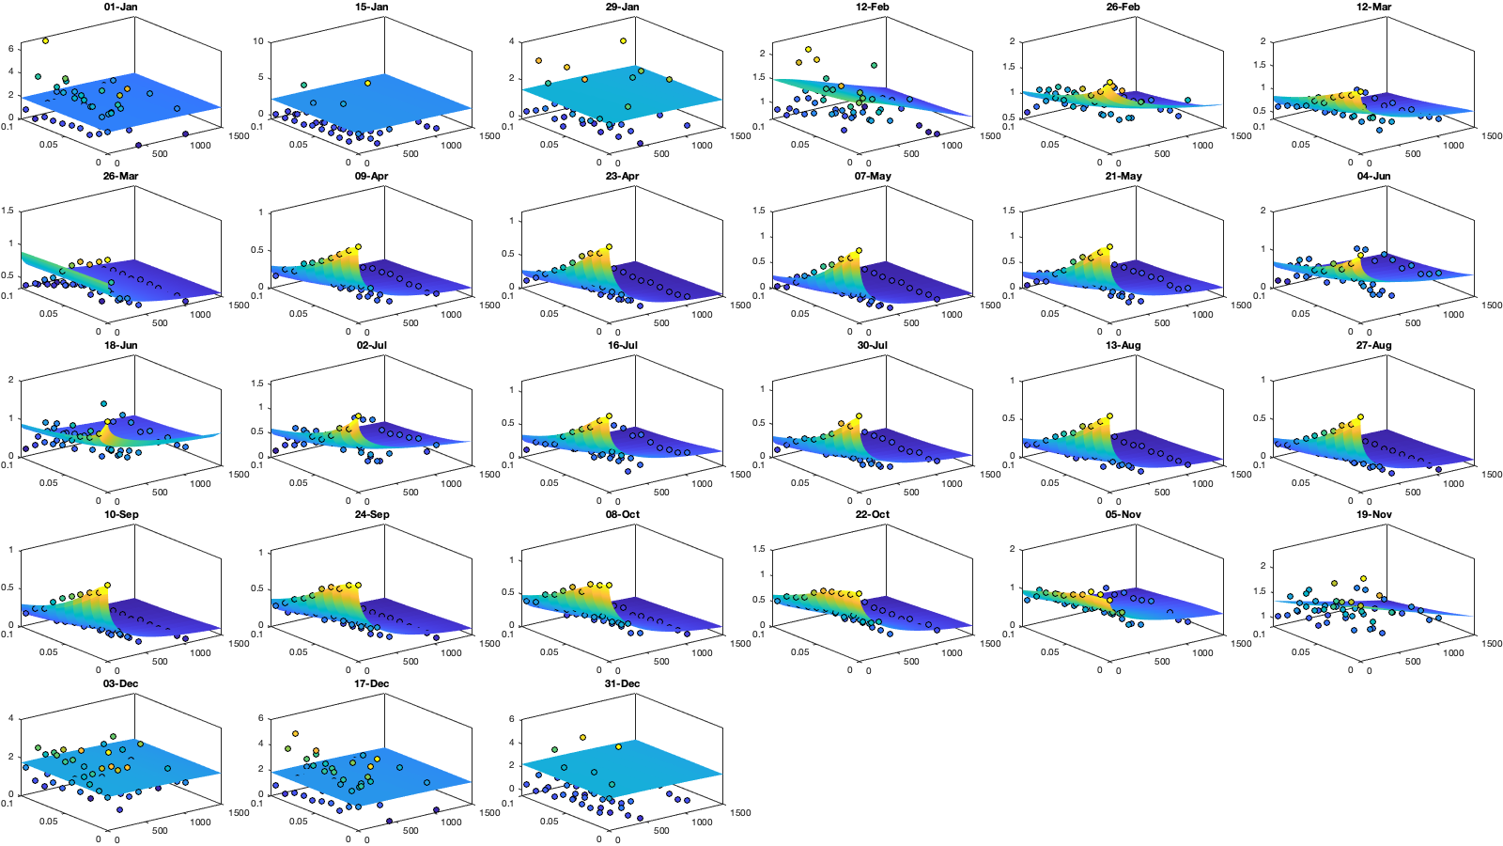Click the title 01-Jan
pos(120,7)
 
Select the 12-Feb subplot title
pos(872,7)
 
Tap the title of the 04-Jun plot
pos(1373,176)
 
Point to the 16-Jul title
pos(622,345)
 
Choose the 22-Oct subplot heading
pos(872,514)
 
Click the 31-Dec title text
pos(622,683)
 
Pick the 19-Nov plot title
pos(1373,514)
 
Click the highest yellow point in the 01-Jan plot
pos(45,40)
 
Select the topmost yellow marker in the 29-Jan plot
pos(623,40)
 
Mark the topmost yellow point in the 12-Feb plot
pos(808,49)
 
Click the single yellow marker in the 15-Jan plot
pos(367,83)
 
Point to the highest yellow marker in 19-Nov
pos(1363,579)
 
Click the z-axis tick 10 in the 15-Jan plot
pos(258,41)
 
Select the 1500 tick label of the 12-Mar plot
pos(1492,136)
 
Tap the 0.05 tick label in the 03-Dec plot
pos(48,822)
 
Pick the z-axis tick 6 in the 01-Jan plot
pos(10,48)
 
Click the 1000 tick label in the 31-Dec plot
pos(702,822)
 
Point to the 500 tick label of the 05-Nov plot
pos(1162,662)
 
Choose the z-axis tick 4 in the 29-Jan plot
pos(512,41)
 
